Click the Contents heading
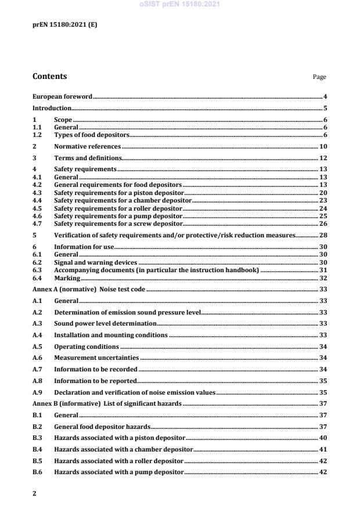coord(49,77)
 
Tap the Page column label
coord(319,77)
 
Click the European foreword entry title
coord(62,96)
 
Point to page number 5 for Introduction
coord(325,108)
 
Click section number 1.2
coord(38,135)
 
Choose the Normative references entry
coord(87,147)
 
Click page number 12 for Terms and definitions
coord(323,158)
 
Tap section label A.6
coord(38,358)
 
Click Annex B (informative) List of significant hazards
coord(107,404)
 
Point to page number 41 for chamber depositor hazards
coord(323,449)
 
